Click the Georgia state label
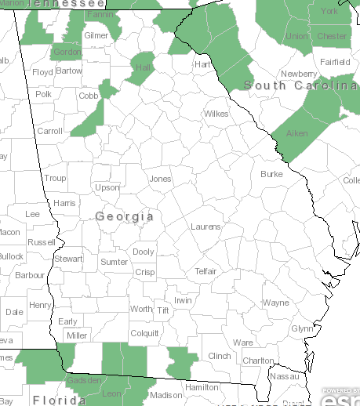pyautogui.click(x=124, y=215)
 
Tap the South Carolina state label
pyautogui.click(x=301, y=85)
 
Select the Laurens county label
pyautogui.click(x=205, y=227)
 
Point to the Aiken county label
pyautogui.click(x=296, y=133)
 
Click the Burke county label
pyautogui.click(x=271, y=174)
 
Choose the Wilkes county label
pyautogui.click(x=216, y=114)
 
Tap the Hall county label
pyautogui.click(x=143, y=68)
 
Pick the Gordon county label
pyautogui.click(x=66, y=52)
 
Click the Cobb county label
pyautogui.click(x=88, y=96)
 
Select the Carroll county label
pyautogui.click(x=50, y=131)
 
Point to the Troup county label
pyautogui.click(x=55, y=178)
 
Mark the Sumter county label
pyautogui.click(x=114, y=261)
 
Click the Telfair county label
pyautogui.click(x=205, y=271)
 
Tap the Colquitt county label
pyautogui.click(x=144, y=332)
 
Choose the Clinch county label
pyautogui.click(x=220, y=356)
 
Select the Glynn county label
pyautogui.click(x=301, y=328)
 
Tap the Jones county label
pyautogui.click(x=160, y=179)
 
